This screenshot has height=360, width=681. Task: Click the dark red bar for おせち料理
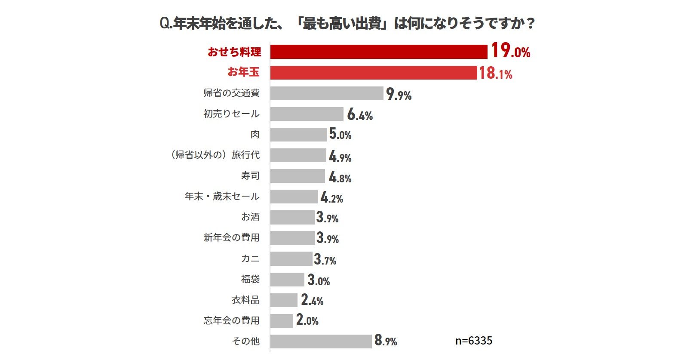point(378,52)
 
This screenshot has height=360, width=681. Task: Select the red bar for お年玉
point(373,73)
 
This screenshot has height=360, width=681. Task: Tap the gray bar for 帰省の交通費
point(326,93)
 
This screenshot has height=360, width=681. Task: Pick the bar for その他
point(321,341)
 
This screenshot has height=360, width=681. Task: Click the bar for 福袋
point(287,280)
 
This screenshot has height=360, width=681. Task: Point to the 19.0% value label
point(510,51)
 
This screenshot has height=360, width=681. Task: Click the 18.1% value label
point(495,73)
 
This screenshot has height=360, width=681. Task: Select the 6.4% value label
point(360,114)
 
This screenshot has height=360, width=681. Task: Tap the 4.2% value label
point(331,197)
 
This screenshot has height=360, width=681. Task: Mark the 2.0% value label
point(307,320)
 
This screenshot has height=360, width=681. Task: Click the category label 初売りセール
point(231,114)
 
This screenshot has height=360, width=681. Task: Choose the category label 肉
point(255,134)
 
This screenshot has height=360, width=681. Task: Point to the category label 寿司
point(250,175)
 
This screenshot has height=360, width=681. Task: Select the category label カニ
point(250,258)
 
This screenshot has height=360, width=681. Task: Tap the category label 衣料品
point(245,300)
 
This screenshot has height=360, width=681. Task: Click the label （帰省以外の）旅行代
point(215,155)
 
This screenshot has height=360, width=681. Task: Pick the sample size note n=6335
point(474,341)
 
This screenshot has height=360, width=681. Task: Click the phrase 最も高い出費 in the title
point(342,23)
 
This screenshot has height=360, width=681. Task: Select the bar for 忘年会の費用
point(282,321)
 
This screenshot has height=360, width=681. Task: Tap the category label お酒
point(250,217)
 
